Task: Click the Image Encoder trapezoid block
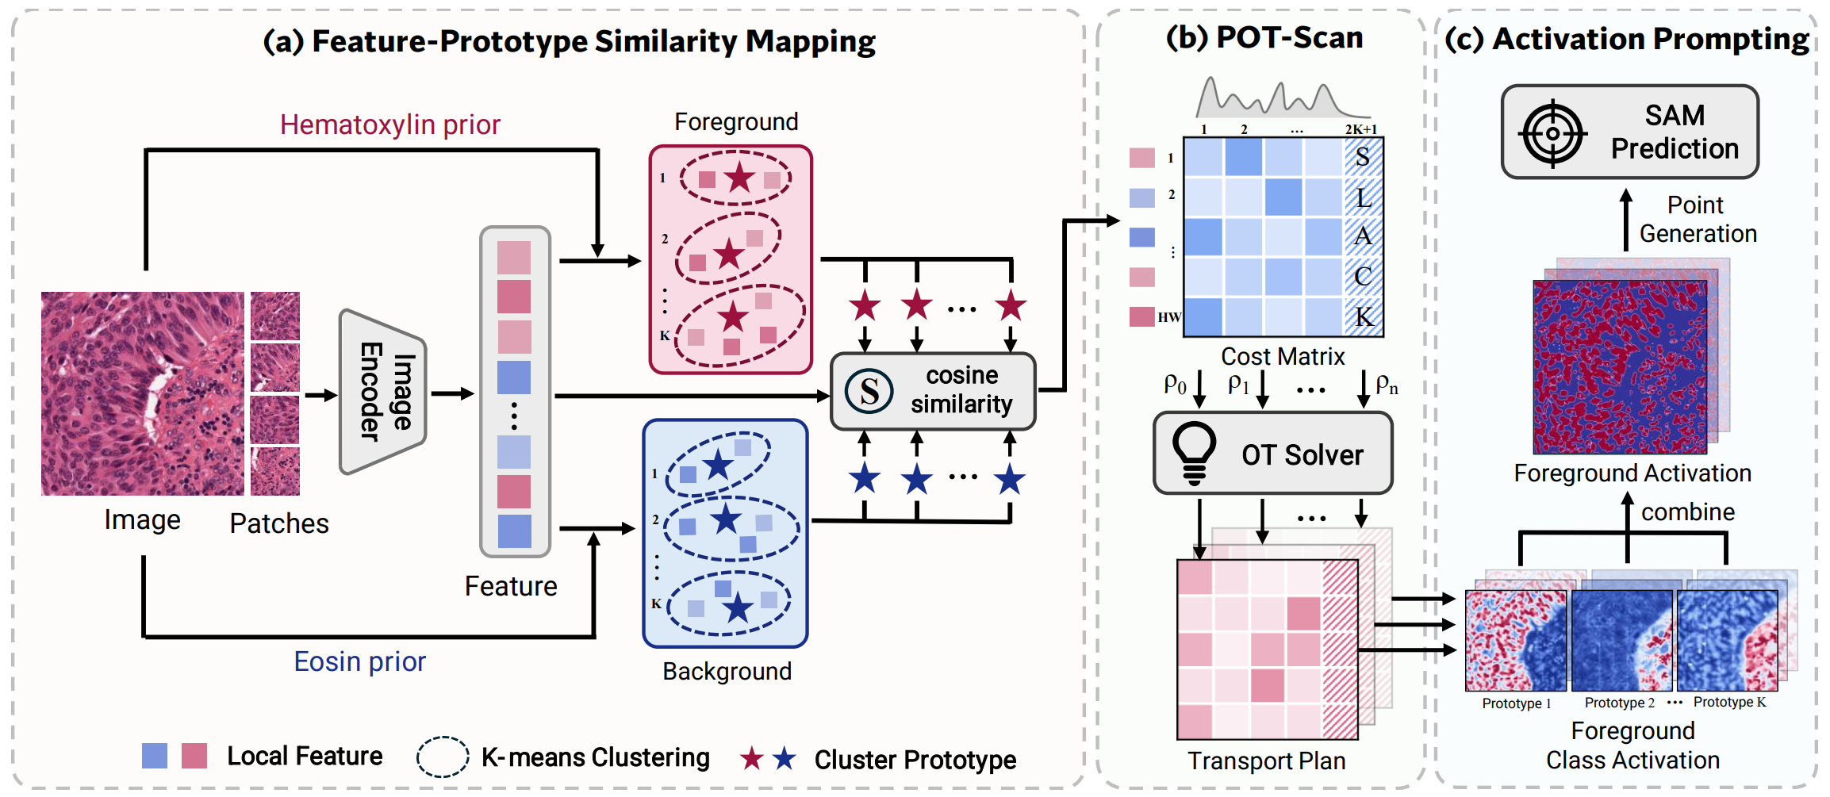point(383,392)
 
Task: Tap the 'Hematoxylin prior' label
point(389,125)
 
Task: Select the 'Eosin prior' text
point(359,661)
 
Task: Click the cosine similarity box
point(933,391)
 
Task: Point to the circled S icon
point(869,391)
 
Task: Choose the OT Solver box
point(1272,454)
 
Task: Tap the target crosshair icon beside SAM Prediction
point(1552,133)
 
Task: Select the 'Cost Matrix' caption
point(1283,357)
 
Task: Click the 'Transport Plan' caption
point(1266,761)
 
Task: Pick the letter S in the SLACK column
point(1363,157)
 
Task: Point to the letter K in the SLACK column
point(1364,317)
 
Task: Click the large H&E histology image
point(143,393)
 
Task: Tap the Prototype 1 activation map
point(1515,641)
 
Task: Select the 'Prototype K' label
point(1729,702)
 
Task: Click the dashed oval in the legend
point(443,757)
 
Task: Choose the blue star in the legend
point(785,759)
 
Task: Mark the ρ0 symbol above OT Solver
point(1175,385)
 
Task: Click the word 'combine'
point(1687,512)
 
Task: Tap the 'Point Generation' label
point(1698,220)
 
